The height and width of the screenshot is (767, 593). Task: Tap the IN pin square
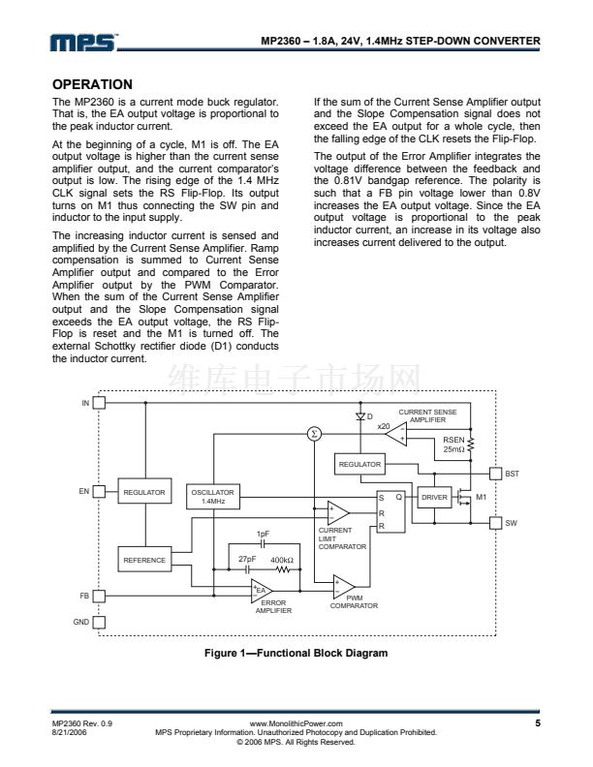click(98, 403)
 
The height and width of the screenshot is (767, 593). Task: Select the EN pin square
click(98, 492)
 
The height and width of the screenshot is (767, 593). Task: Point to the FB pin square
click(98, 595)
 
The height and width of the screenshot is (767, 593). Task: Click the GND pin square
click(98, 622)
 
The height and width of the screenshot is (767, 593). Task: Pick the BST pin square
click(495, 473)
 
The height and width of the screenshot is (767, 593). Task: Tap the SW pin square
click(495, 523)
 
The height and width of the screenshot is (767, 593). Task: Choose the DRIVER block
click(435, 497)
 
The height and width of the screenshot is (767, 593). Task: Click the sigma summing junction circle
click(313, 433)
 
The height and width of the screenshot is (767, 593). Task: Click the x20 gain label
click(384, 426)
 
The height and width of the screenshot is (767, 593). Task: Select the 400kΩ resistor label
click(282, 561)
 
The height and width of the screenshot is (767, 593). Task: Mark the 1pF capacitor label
click(263, 534)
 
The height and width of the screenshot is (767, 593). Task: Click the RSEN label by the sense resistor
click(453, 439)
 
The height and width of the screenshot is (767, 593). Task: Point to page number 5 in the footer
click(536, 722)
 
